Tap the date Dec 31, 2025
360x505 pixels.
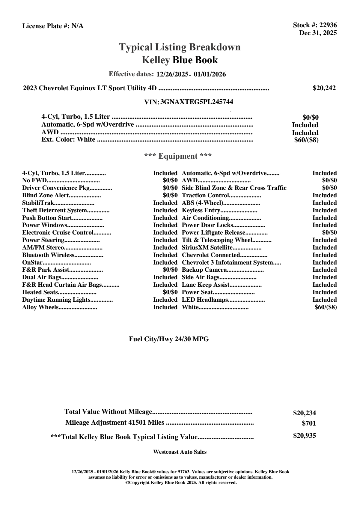[x=318, y=33]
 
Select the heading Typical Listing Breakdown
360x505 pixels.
[x=180, y=47]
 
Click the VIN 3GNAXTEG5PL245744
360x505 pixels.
[x=197, y=102]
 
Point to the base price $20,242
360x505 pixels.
[x=324, y=88]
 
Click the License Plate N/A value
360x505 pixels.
[x=77, y=26]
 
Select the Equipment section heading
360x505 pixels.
[x=178, y=156]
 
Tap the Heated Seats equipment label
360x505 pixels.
[x=40, y=292]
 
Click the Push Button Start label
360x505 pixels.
[x=47, y=218]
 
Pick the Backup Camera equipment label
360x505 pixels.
[x=204, y=270]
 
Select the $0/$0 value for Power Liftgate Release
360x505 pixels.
[x=329, y=232]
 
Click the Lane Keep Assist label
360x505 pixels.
[x=206, y=285]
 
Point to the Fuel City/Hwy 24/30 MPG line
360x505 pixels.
[x=169, y=339]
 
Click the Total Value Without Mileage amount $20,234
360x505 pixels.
[x=304, y=413]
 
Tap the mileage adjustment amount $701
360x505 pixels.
[x=309, y=423]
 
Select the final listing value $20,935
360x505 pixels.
[x=304, y=436]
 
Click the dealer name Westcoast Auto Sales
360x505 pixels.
[x=180, y=452]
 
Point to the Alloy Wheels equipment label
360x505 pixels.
[x=40, y=307]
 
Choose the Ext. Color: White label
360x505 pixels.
[x=68, y=139]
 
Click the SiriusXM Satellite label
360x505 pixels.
[x=207, y=247]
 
